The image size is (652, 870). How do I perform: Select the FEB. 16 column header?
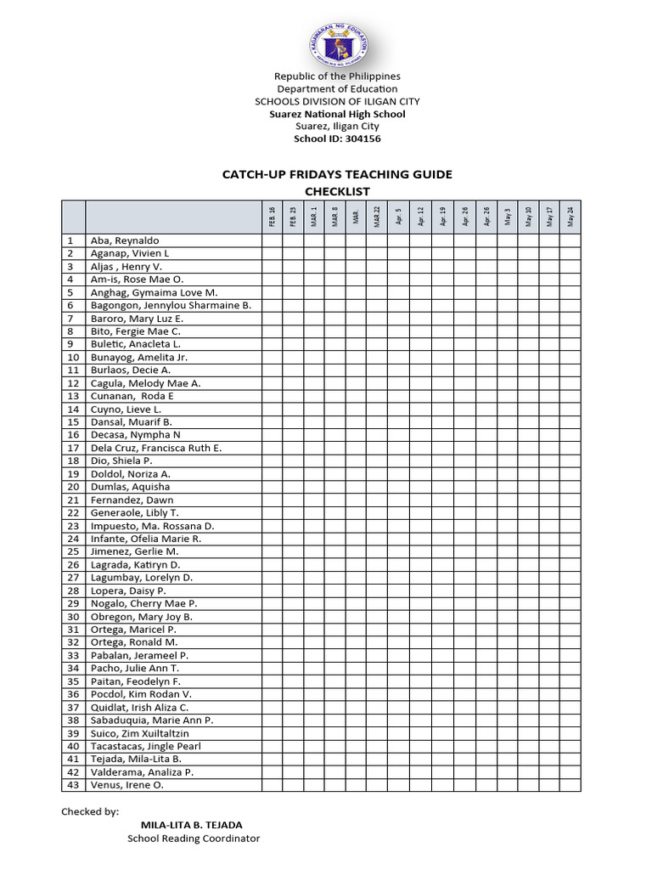pyautogui.click(x=272, y=217)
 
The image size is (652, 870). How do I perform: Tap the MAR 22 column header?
pyautogui.click(x=378, y=217)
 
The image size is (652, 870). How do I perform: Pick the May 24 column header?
pyautogui.click(x=570, y=217)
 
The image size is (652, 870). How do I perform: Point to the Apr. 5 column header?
pyautogui.click(x=399, y=217)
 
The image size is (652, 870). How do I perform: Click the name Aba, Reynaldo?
pyautogui.click(x=125, y=240)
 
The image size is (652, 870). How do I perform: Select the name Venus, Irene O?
pyautogui.click(x=127, y=785)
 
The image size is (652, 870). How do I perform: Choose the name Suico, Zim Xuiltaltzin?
pyautogui.click(x=139, y=733)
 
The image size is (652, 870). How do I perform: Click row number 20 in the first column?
pyautogui.click(x=73, y=487)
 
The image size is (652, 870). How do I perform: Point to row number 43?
pyautogui.click(x=73, y=785)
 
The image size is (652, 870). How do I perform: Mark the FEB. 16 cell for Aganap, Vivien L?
pyautogui.click(x=272, y=253)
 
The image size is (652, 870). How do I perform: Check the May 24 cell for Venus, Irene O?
pyautogui.click(x=570, y=785)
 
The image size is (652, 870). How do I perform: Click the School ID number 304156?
pyautogui.click(x=363, y=138)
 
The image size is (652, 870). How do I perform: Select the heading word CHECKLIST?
pyautogui.click(x=337, y=191)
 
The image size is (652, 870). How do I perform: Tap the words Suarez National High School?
pyautogui.click(x=337, y=114)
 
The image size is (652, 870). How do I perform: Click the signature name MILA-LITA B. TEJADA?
pyautogui.click(x=191, y=825)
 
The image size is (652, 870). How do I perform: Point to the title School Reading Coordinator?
pyautogui.click(x=194, y=839)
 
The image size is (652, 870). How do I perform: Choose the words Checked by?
pyautogui.click(x=90, y=811)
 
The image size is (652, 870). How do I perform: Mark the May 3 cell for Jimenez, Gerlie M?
pyautogui.click(x=507, y=551)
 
